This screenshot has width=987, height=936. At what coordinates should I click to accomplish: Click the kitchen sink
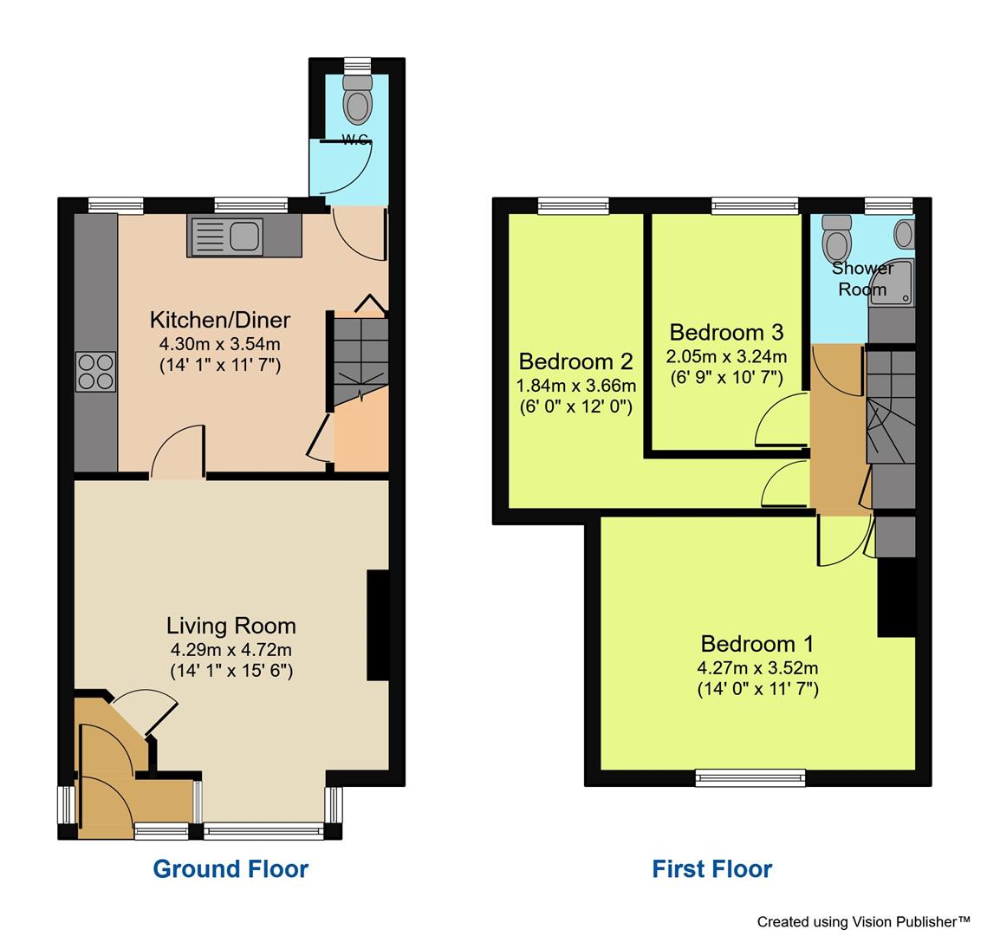pyautogui.click(x=226, y=236)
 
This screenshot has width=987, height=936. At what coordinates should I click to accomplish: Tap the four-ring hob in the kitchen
pyautogui.click(x=95, y=372)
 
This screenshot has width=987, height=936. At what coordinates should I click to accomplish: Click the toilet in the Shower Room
pyautogui.click(x=837, y=236)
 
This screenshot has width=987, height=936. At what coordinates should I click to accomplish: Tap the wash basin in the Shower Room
pyautogui.click(x=904, y=233)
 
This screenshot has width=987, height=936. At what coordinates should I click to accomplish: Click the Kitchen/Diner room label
pyautogui.click(x=220, y=320)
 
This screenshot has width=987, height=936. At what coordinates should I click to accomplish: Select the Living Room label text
pyautogui.click(x=231, y=626)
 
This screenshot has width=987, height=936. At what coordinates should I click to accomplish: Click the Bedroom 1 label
pyautogui.click(x=757, y=644)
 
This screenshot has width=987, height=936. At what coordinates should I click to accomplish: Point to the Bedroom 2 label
pyautogui.click(x=575, y=361)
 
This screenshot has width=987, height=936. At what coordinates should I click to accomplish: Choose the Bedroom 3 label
pyautogui.click(x=726, y=333)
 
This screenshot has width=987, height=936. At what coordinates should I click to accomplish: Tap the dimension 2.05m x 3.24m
pyautogui.click(x=726, y=356)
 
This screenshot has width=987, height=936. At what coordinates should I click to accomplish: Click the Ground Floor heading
pyautogui.click(x=231, y=868)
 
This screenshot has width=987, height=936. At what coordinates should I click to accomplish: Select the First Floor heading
pyautogui.click(x=711, y=868)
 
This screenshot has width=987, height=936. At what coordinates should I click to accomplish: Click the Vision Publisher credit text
pyautogui.click(x=863, y=921)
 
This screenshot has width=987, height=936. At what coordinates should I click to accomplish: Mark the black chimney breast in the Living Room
pyautogui.click(x=378, y=624)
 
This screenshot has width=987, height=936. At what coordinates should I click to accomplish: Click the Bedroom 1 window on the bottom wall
pyautogui.click(x=750, y=777)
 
